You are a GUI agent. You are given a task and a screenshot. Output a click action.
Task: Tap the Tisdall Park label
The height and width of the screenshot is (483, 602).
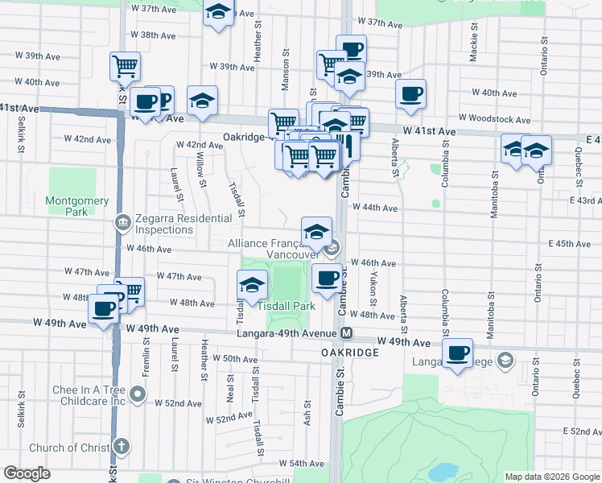[x=286, y=307]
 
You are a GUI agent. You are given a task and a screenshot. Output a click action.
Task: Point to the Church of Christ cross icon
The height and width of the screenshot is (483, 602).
[x=122, y=447]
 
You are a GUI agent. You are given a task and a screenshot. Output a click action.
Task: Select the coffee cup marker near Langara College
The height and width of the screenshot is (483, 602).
[x=458, y=353]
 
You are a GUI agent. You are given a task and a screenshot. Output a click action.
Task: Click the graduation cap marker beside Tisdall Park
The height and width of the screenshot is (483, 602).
[x=252, y=285]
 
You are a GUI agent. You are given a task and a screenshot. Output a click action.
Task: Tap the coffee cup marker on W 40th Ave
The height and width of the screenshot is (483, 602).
[x=410, y=93]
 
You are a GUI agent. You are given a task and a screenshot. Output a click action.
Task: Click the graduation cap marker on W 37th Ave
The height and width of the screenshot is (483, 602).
[x=217, y=14]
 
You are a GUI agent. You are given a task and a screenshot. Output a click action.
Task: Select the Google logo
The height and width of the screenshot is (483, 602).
[x=27, y=473]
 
